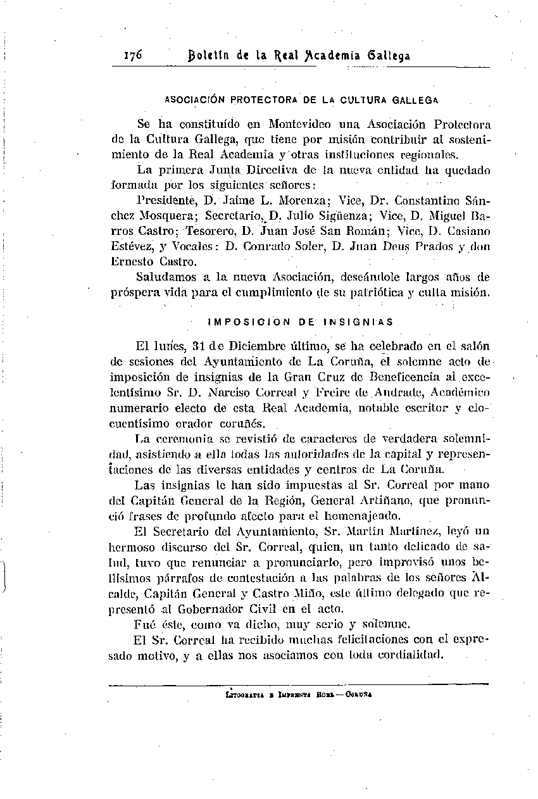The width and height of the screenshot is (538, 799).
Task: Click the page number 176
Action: (x=133, y=55)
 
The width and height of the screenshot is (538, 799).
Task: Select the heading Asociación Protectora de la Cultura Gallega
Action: (x=302, y=100)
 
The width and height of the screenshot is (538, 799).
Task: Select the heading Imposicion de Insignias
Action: (x=301, y=322)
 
